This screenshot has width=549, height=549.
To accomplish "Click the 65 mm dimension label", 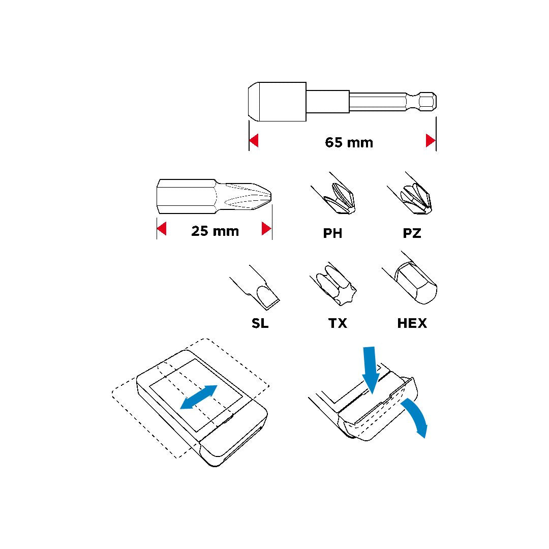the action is pyautogui.click(x=349, y=142).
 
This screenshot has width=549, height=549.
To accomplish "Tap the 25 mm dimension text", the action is pyautogui.click(x=215, y=231).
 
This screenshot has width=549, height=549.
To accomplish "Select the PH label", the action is pyautogui.click(x=332, y=233).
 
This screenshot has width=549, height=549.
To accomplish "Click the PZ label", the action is pyautogui.click(x=412, y=233).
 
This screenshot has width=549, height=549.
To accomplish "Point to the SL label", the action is pyautogui.click(x=260, y=323).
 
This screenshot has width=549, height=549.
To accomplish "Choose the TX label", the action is pyautogui.click(x=338, y=323).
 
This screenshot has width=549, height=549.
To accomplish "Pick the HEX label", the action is pyautogui.click(x=412, y=323).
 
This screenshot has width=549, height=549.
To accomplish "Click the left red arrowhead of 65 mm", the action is pyautogui.click(x=254, y=140).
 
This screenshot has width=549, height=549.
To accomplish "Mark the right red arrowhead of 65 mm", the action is pyautogui.click(x=431, y=140).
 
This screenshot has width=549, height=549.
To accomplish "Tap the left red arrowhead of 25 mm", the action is pyautogui.click(x=162, y=229).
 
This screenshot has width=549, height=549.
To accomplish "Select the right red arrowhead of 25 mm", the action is pyautogui.click(x=266, y=229).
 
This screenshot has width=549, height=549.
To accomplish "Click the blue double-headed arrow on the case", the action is pyautogui.click(x=199, y=397).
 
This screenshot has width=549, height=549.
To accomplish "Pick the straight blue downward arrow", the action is pyautogui.click(x=370, y=370).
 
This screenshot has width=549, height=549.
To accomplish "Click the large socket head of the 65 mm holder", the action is pyautogui.click(x=278, y=102).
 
